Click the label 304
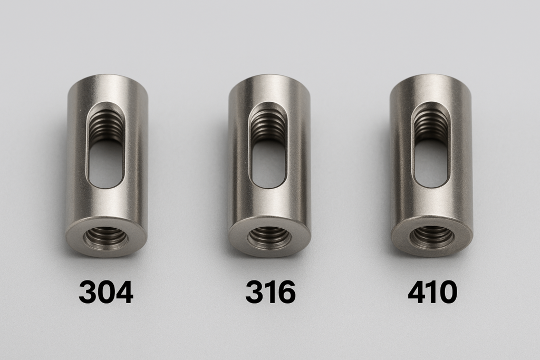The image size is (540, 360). (x=106, y=292)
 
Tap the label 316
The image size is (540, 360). (x=270, y=292)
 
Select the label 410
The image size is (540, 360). (x=432, y=292)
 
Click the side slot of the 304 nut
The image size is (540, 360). (x=106, y=145)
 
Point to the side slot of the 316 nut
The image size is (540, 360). (x=268, y=145)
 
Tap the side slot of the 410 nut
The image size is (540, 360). (x=431, y=144)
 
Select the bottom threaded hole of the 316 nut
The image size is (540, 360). (x=269, y=237)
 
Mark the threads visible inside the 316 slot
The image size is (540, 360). (x=269, y=125)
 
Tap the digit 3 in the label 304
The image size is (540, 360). (x=88, y=292)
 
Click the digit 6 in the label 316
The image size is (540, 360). (x=286, y=292)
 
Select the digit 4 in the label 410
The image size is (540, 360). (x=417, y=292)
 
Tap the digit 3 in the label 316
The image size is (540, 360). (x=254, y=292)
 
